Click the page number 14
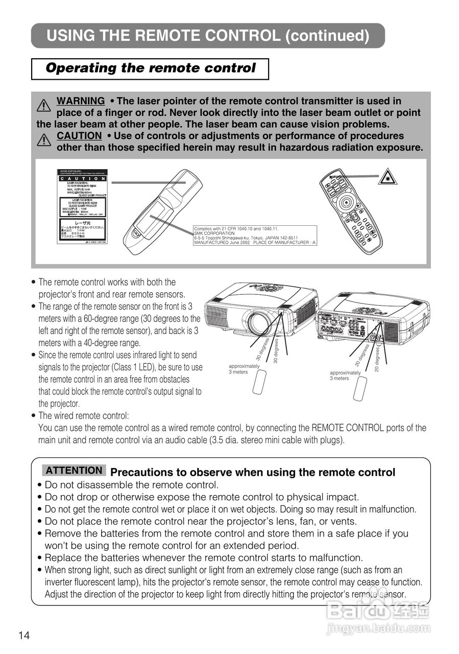(24, 635)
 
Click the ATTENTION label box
(74, 471)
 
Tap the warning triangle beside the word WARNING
(44, 106)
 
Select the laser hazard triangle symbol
(388, 178)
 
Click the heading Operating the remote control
(150, 68)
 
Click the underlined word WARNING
(81, 101)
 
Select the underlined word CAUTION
(79, 136)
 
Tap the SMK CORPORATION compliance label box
(255, 236)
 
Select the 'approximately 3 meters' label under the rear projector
(345, 376)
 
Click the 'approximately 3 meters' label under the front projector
(244, 369)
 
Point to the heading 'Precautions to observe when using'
(253, 473)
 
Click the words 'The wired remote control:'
(84, 416)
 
